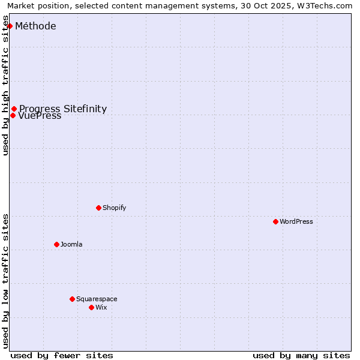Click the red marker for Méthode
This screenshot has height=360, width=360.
(x=10, y=26)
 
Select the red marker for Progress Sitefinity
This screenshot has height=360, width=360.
(x=14, y=109)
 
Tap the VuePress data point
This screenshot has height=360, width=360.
(x=13, y=115)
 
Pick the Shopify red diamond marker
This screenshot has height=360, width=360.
(x=98, y=208)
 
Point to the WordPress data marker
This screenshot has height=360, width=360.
(x=275, y=221)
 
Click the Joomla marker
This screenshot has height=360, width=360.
(x=56, y=244)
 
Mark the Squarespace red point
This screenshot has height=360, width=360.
(x=72, y=299)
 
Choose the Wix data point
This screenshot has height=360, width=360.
(x=91, y=307)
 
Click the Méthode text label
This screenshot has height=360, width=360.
(x=35, y=26)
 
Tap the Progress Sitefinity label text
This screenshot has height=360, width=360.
(x=63, y=109)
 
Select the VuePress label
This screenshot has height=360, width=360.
(x=40, y=116)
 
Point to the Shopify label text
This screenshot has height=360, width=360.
(x=114, y=208)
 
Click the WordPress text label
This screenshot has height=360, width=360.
(x=296, y=221)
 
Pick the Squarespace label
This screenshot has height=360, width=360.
(x=97, y=299)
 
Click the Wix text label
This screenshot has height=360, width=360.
(x=101, y=307)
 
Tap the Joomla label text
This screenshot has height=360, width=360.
(x=71, y=244)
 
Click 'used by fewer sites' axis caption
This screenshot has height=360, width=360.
(x=62, y=355)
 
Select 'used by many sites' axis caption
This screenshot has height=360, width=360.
(x=301, y=355)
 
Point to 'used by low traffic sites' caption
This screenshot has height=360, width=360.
(x=6, y=281)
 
